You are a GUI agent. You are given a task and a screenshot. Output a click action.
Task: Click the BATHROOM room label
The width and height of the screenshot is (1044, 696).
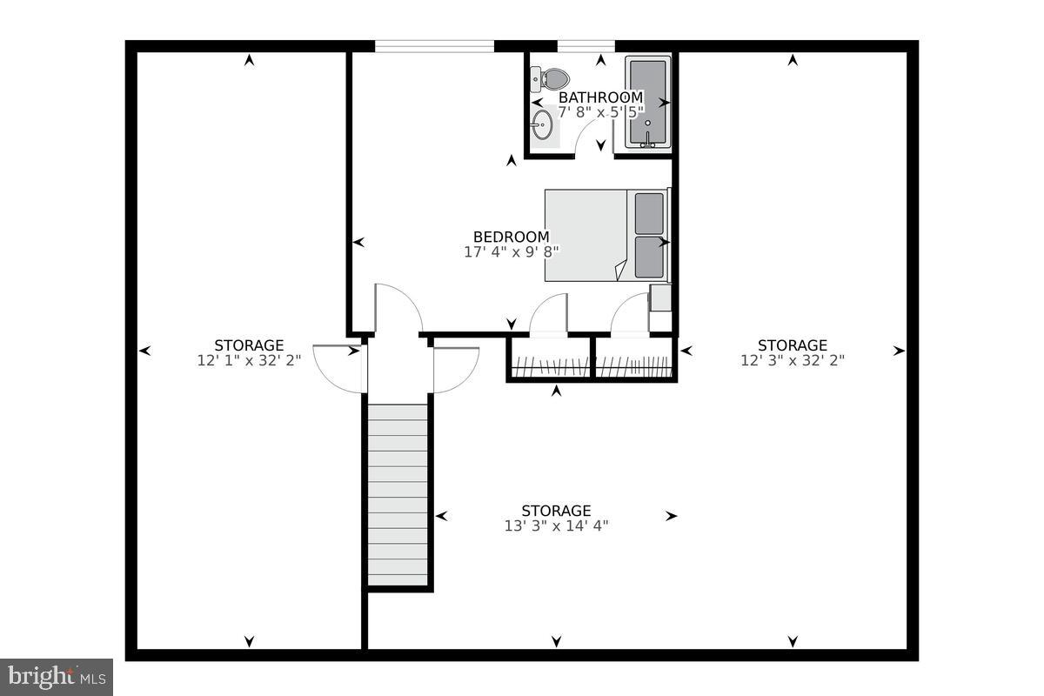(x=600, y=97)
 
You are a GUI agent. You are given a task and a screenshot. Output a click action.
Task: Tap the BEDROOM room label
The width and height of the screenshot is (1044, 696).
(x=511, y=237)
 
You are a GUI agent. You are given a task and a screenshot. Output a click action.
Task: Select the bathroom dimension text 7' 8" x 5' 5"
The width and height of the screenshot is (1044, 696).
(x=600, y=112)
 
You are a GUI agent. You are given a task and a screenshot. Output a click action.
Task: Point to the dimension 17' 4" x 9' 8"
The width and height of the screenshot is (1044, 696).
(x=511, y=251)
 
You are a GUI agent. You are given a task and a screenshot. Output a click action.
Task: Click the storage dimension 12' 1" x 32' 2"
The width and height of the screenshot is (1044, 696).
(x=249, y=360)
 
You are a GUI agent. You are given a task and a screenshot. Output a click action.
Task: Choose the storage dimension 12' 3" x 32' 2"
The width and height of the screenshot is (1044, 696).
(x=793, y=360)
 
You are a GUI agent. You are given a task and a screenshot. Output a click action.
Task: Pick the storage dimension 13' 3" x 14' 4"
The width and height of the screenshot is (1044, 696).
(x=556, y=525)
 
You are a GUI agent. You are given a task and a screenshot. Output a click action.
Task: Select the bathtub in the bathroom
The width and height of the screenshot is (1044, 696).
(x=648, y=102)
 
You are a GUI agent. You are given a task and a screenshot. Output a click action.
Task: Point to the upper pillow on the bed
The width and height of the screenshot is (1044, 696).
(x=649, y=213)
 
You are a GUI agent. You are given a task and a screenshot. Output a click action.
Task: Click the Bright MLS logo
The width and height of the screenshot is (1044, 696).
(x=57, y=676)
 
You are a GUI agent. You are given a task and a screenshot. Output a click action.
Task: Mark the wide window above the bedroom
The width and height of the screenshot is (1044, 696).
(x=434, y=46)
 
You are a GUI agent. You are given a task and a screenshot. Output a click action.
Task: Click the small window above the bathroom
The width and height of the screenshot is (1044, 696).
(x=586, y=46)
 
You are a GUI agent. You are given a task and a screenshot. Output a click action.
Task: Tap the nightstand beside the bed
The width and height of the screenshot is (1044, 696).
(x=660, y=298)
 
